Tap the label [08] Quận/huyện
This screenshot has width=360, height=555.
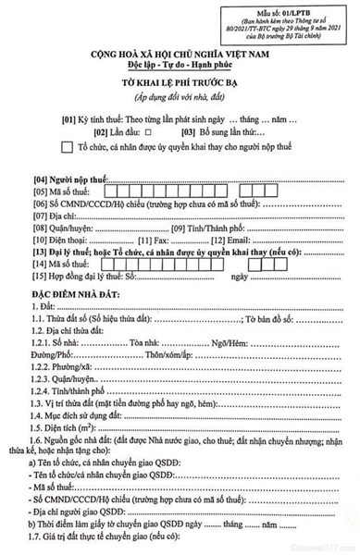(65, 228)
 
